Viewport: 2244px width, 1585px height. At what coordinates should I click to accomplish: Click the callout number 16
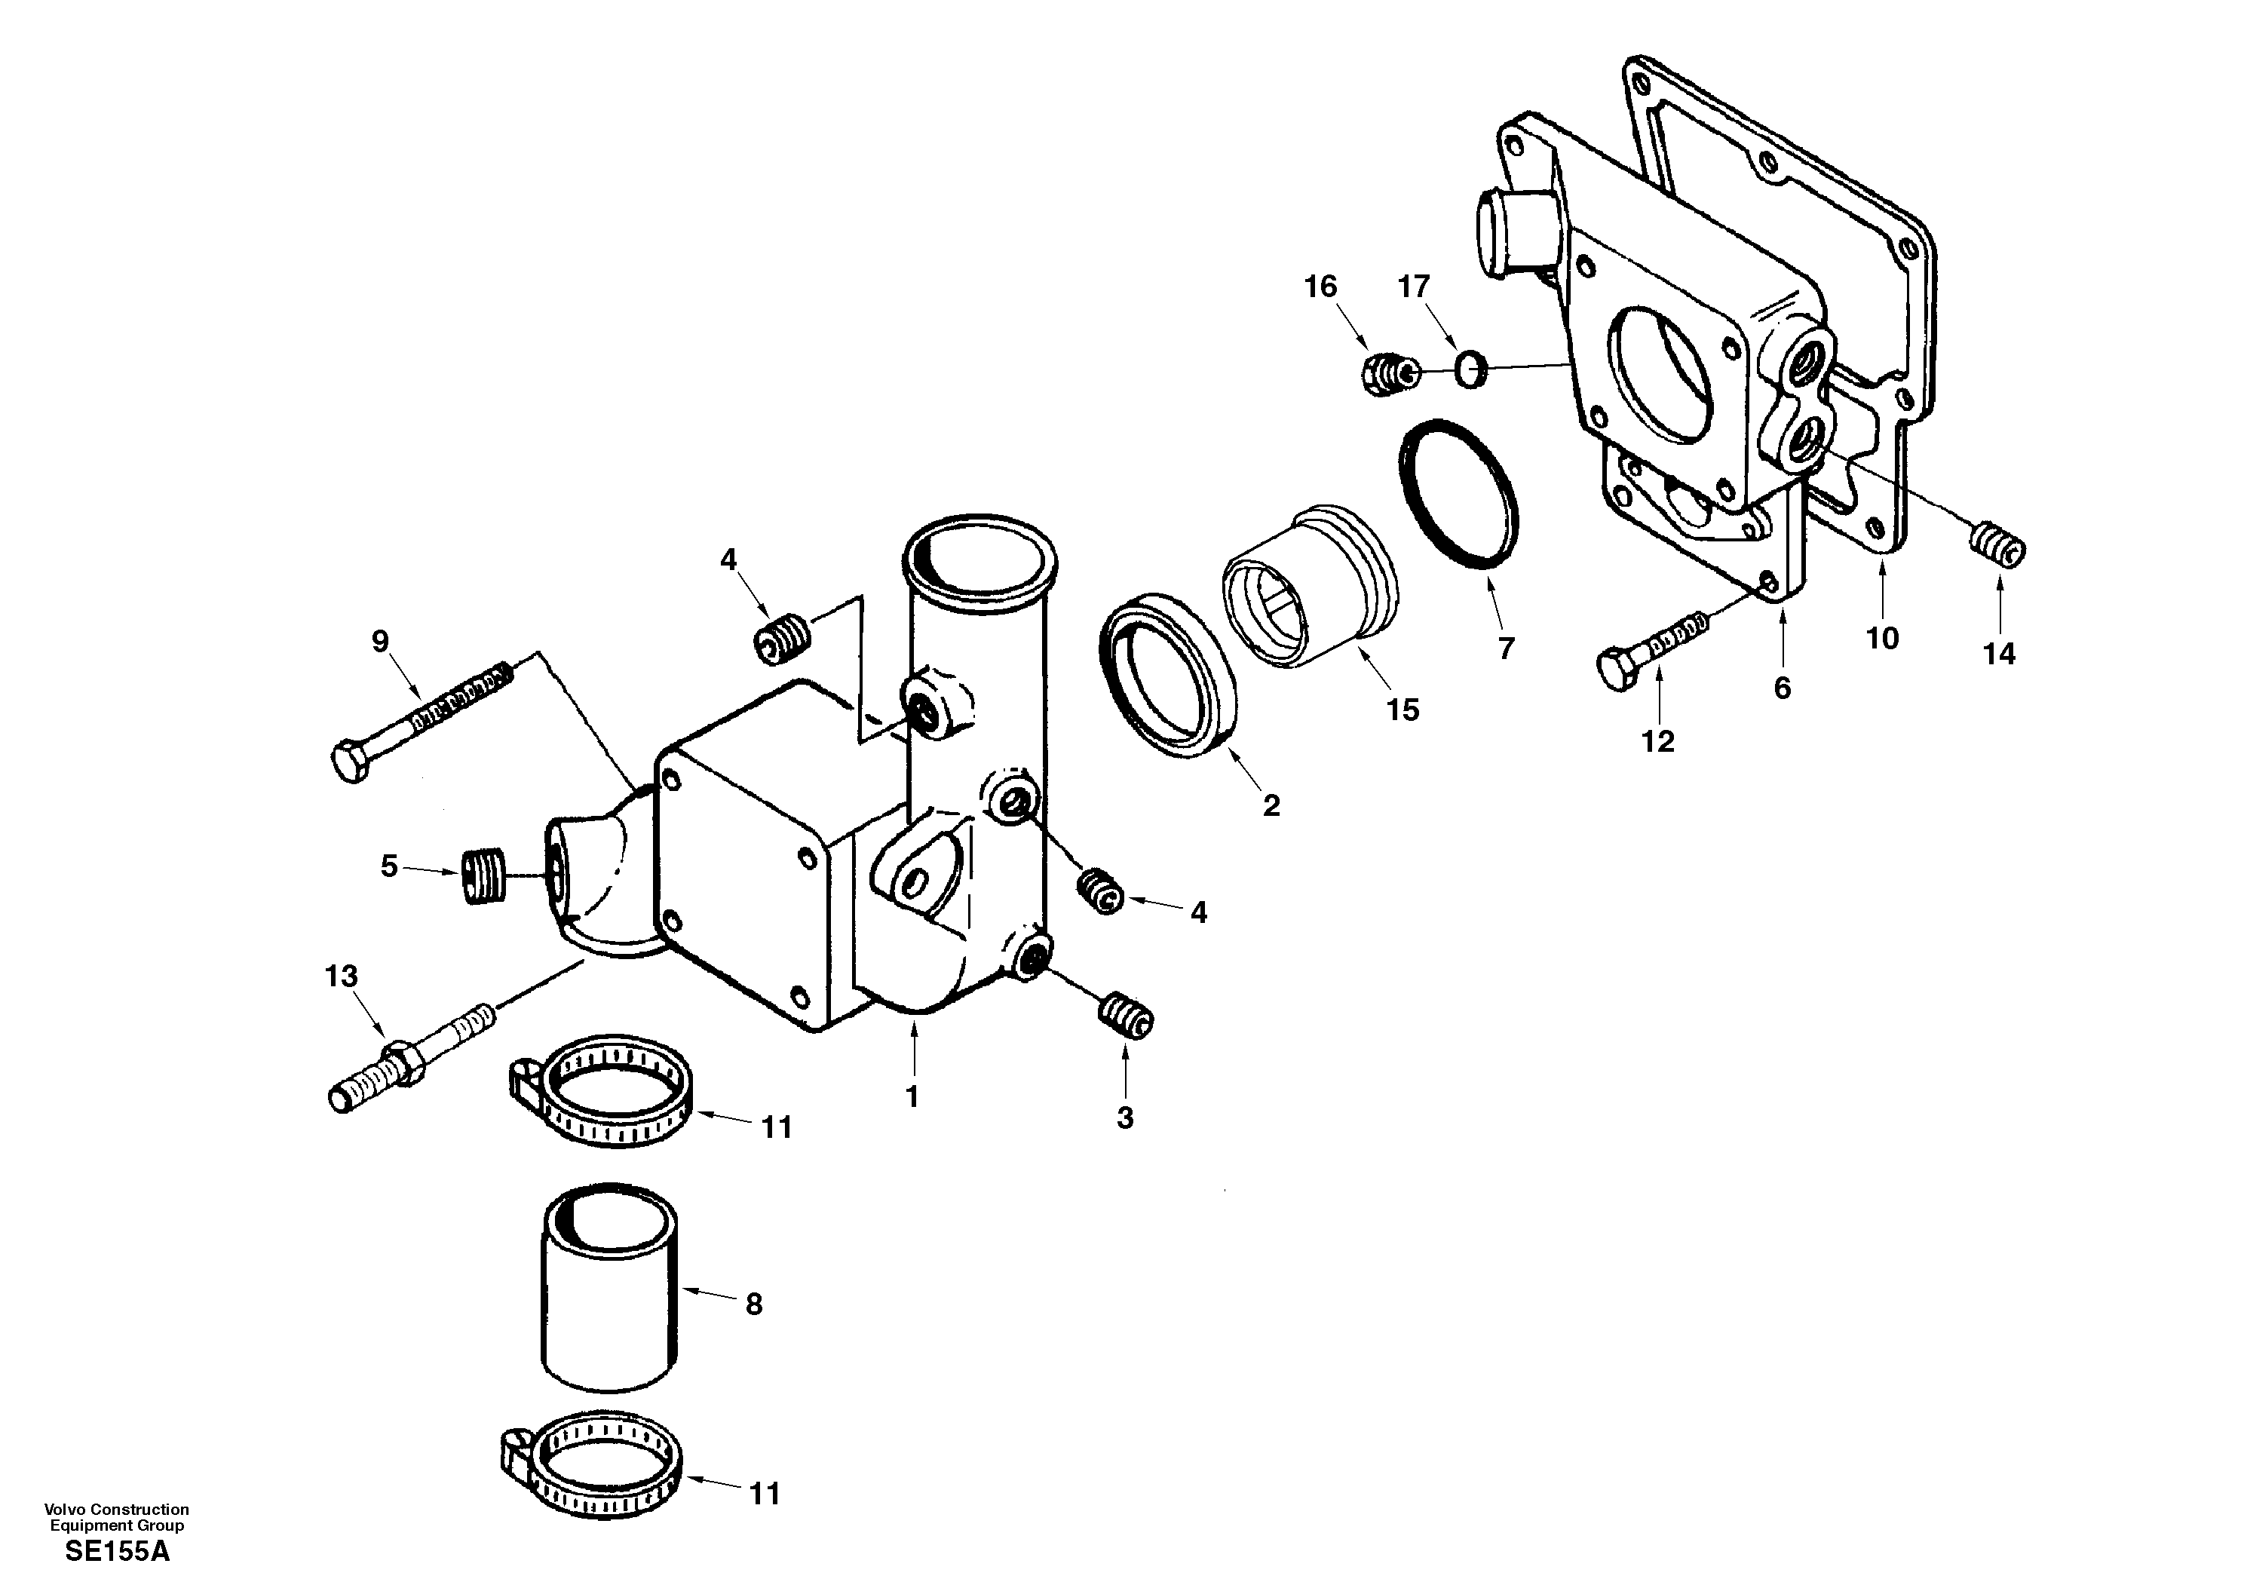coord(1320,287)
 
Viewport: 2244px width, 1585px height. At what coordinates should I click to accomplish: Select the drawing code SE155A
coord(118,1551)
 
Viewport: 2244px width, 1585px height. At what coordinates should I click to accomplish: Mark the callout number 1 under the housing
coord(912,1096)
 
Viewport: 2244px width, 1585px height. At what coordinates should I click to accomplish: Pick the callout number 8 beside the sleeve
coord(753,1304)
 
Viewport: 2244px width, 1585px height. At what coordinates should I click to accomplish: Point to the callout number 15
coord(1402,710)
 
